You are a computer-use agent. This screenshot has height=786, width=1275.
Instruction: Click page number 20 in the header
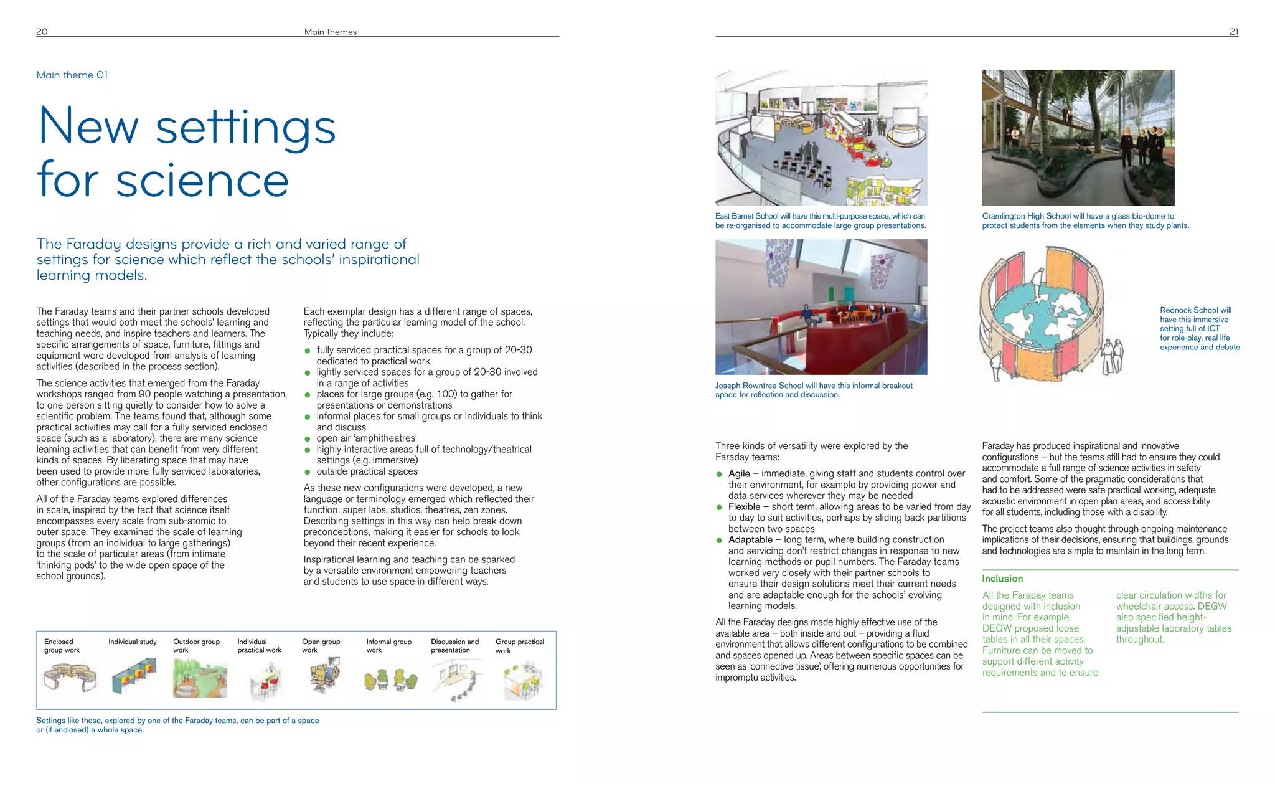tap(42, 32)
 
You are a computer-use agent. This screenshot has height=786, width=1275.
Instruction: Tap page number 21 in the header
tap(1233, 32)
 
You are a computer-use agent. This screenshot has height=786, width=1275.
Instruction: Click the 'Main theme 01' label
tap(72, 75)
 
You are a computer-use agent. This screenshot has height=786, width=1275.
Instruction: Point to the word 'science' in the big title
tap(202, 180)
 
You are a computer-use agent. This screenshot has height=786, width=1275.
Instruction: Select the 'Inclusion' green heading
tap(1002, 579)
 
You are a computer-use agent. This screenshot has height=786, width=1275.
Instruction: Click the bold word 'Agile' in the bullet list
tap(739, 473)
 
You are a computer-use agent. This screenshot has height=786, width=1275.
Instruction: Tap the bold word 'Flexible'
tap(744, 507)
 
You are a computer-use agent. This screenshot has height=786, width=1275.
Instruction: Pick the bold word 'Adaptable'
tap(750, 540)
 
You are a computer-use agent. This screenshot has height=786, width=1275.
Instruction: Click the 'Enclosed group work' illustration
tap(70, 678)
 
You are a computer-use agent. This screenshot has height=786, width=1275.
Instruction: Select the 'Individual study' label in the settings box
tap(133, 642)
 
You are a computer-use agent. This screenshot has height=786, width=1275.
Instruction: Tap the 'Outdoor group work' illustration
tap(199, 679)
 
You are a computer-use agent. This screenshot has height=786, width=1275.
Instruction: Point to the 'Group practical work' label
tap(519, 646)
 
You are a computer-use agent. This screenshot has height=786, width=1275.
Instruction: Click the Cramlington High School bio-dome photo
tap(1078, 138)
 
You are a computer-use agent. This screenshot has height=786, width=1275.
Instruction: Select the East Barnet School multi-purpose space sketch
tap(821, 138)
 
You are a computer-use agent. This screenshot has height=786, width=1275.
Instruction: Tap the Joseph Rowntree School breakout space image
tap(821, 307)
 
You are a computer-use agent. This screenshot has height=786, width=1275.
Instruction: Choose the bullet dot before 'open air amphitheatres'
tap(308, 439)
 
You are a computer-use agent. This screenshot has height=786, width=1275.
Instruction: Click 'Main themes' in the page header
tap(330, 32)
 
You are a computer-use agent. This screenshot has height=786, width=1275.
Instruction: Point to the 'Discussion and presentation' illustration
tap(457, 681)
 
